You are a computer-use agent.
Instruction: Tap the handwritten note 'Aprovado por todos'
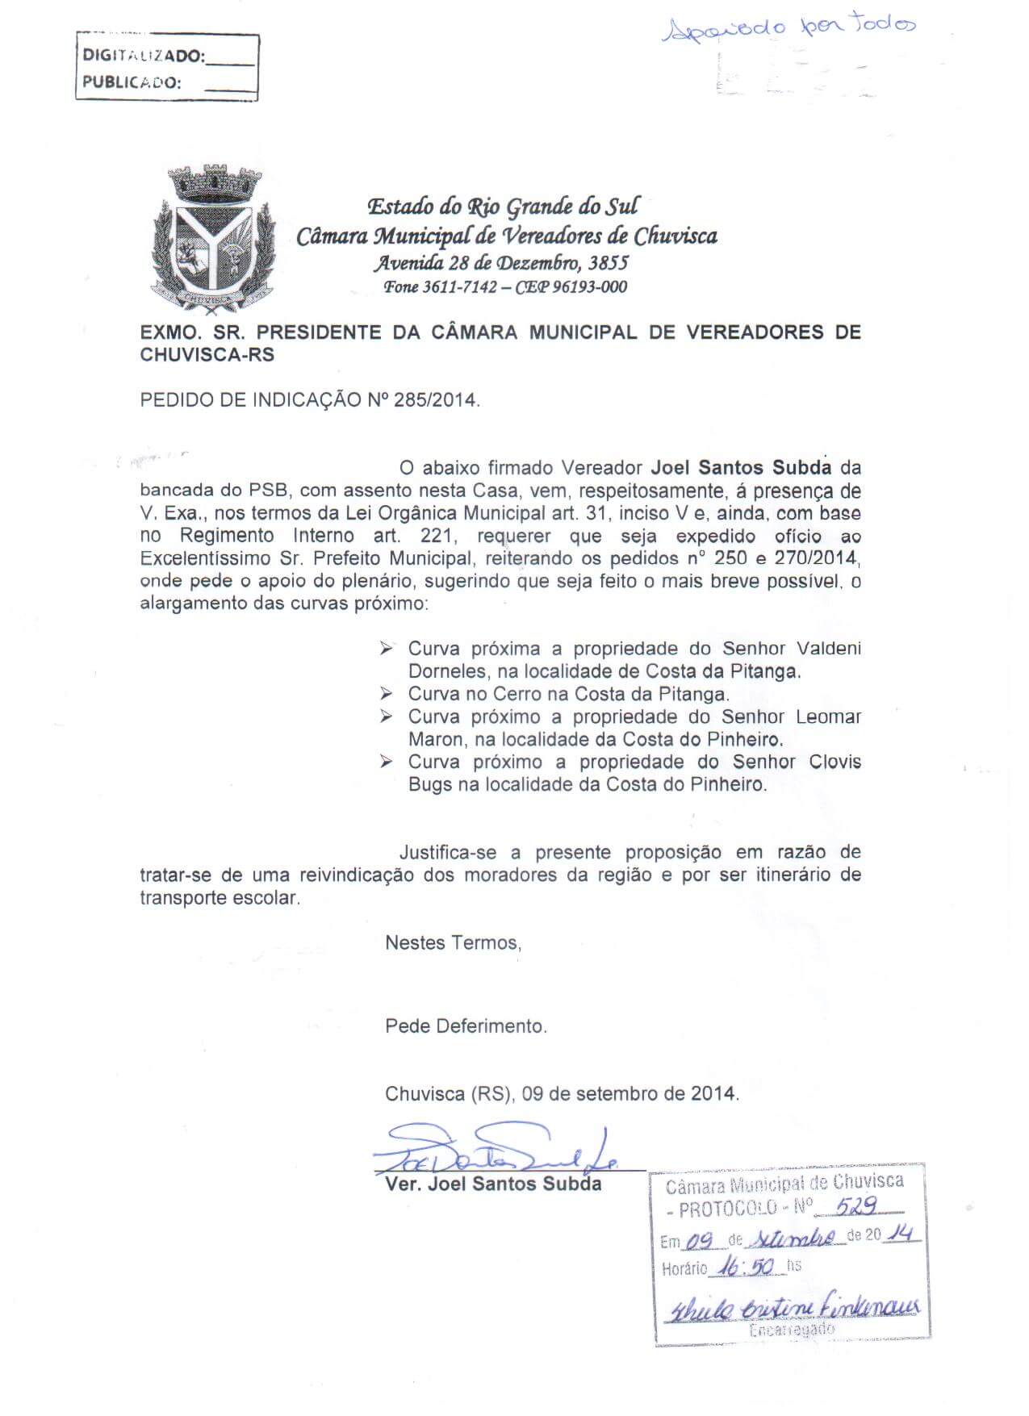[x=788, y=31]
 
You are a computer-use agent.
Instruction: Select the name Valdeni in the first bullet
[x=829, y=649]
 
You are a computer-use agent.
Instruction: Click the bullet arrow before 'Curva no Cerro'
[x=387, y=693]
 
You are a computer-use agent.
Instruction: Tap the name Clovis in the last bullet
[x=834, y=762]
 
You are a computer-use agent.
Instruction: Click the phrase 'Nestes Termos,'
[x=453, y=942]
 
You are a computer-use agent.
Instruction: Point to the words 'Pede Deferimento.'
[x=466, y=1026]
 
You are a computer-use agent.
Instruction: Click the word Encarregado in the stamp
[x=791, y=1330]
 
